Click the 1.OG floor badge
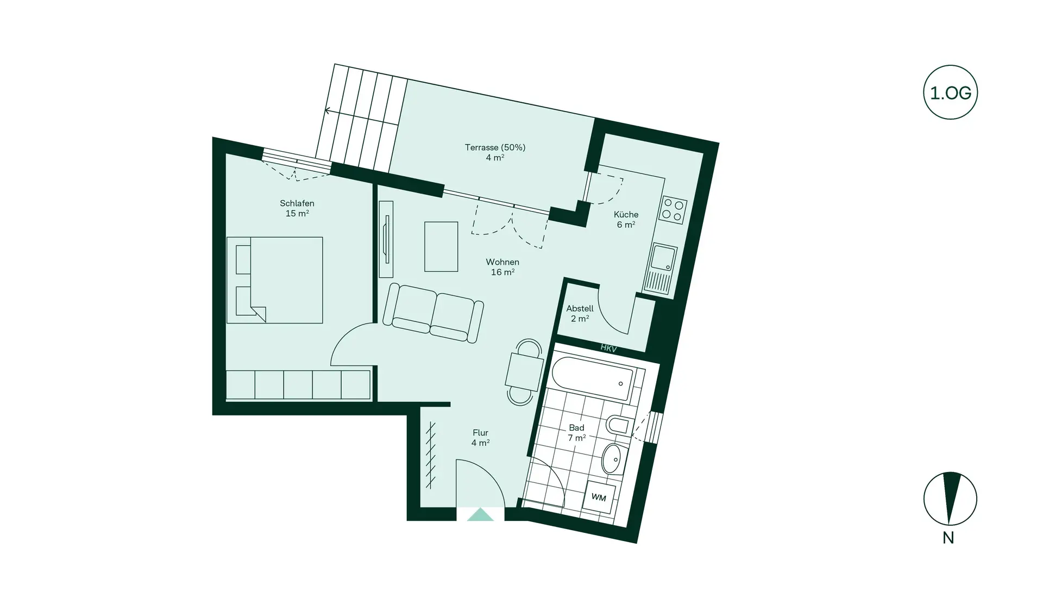pos(950,92)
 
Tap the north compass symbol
pos(950,499)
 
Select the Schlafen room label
pos(297,208)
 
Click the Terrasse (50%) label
pos(495,152)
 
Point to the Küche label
pos(626,219)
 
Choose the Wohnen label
pos(502,267)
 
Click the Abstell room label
pos(580,313)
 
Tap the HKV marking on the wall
pos(608,349)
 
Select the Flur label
pos(480,438)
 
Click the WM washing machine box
pos(599,498)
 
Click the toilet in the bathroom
pos(618,426)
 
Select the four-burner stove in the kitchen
pos(672,210)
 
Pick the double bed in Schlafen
pos(274,280)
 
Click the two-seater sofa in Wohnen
pos(433,313)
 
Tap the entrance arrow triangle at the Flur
pos(480,515)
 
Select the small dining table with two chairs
pos(524,372)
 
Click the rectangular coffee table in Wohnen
pos(441,246)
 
